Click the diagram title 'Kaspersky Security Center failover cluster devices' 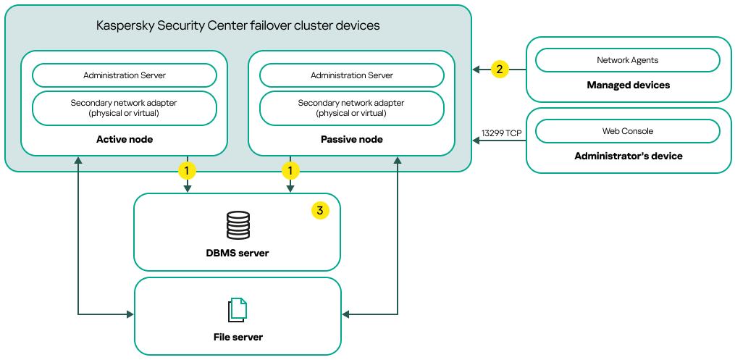238,26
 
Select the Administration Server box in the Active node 125,75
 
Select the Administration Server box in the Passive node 352,75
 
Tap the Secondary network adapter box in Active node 125,108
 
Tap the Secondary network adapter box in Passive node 352,108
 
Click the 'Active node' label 125,139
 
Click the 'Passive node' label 352,139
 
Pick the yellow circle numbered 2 498,70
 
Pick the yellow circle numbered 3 319,211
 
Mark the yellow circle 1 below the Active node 188,171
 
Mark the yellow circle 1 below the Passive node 290,171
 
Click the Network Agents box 628,60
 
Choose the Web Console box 628,131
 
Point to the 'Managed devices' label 628,85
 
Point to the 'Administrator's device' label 628,156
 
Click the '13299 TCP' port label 501,133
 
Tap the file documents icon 238,310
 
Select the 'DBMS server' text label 238,253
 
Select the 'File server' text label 238,337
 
